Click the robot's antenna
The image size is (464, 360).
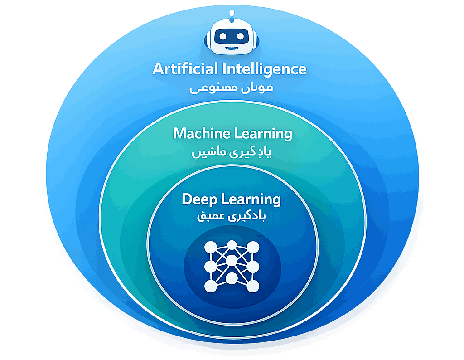click(232, 14)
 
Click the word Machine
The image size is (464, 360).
click(201, 134)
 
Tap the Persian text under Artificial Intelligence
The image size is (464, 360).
click(232, 88)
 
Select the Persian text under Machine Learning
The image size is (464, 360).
click(232, 152)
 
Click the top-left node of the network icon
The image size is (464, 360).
click(211, 248)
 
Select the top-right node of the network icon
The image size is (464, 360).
click(253, 248)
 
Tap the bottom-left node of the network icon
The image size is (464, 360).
click(211, 286)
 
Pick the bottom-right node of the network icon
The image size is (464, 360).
click(253, 286)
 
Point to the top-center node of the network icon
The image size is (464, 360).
click(232, 245)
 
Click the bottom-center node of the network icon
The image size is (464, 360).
click(232, 277)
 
